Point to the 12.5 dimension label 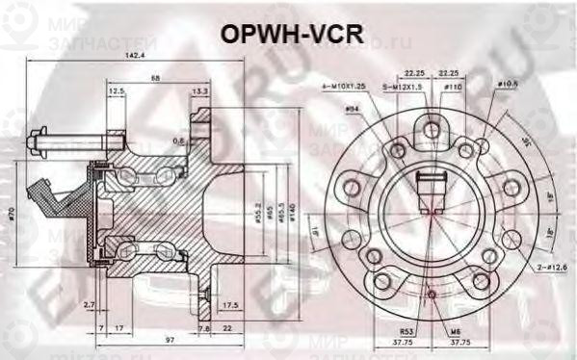(117, 91)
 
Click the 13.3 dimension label (200, 91)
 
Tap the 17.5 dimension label (228, 305)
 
